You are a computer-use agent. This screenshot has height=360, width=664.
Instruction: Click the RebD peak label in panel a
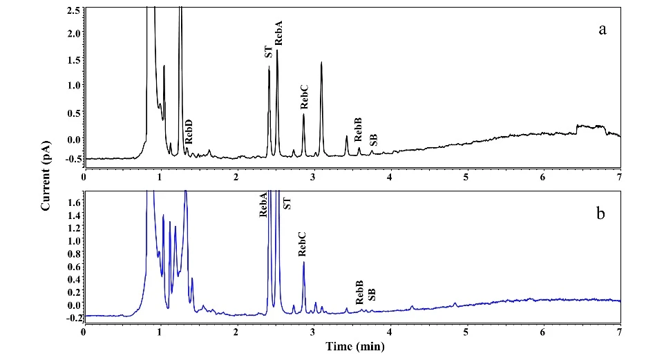click(x=188, y=131)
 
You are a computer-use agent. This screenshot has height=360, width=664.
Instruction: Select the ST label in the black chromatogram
click(x=267, y=52)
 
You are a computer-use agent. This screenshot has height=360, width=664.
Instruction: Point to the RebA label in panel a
click(x=279, y=32)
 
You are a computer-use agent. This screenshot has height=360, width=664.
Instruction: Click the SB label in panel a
click(x=373, y=140)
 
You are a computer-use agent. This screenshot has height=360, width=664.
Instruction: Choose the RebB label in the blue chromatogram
click(x=359, y=293)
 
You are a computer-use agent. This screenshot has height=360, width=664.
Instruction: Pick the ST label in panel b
click(x=288, y=202)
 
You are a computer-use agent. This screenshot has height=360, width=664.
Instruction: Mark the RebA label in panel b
click(x=263, y=205)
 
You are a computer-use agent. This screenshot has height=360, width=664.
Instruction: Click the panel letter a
click(x=603, y=30)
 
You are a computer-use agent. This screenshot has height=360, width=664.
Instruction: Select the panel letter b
click(x=601, y=214)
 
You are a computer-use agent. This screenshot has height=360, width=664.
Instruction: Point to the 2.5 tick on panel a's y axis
click(x=73, y=10)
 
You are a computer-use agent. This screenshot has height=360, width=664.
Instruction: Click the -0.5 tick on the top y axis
click(x=70, y=158)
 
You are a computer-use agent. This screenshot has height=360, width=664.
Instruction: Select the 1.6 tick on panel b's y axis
click(x=73, y=202)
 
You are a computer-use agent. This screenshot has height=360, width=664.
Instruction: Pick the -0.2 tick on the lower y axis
click(x=70, y=317)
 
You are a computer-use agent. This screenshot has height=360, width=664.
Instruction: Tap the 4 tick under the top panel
click(x=390, y=177)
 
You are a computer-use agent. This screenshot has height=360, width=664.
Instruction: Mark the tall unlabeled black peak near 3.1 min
click(x=321, y=63)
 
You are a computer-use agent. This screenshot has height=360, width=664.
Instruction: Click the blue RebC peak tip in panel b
click(x=303, y=262)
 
